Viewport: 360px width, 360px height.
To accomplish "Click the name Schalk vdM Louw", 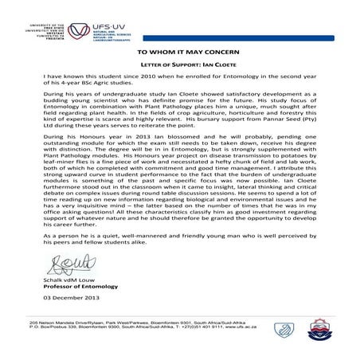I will click(68, 303).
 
